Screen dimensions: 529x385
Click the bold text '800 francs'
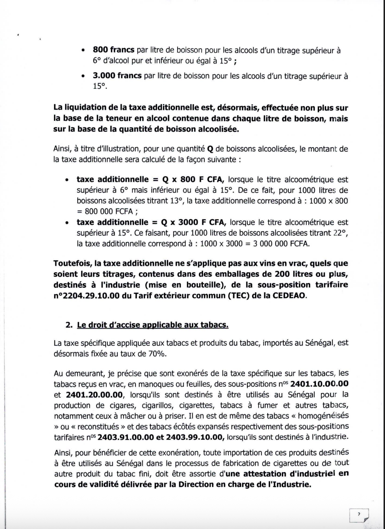(114, 50)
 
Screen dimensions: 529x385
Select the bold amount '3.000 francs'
(117, 76)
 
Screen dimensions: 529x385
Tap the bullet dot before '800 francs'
(84, 51)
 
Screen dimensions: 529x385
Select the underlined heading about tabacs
(153, 325)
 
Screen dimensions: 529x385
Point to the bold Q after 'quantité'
(210, 149)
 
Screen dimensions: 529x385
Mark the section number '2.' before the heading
(70, 325)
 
